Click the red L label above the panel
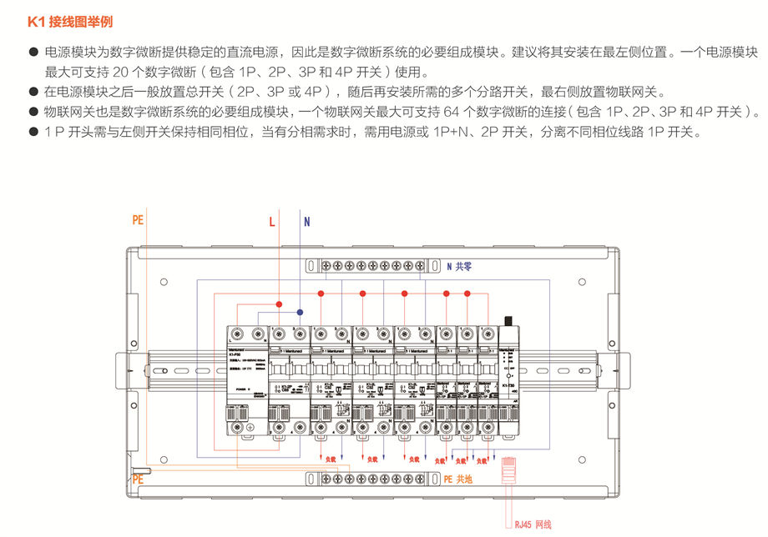point(271,222)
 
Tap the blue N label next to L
point(306,222)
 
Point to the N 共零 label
point(459,267)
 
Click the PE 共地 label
point(458,479)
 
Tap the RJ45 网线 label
point(533,524)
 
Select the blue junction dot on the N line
point(300,312)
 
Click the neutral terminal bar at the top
point(373,266)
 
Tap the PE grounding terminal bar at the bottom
point(373,479)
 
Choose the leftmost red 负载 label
point(330,459)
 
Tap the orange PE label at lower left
point(138,479)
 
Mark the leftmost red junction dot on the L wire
point(280,305)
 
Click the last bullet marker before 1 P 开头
point(34,132)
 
